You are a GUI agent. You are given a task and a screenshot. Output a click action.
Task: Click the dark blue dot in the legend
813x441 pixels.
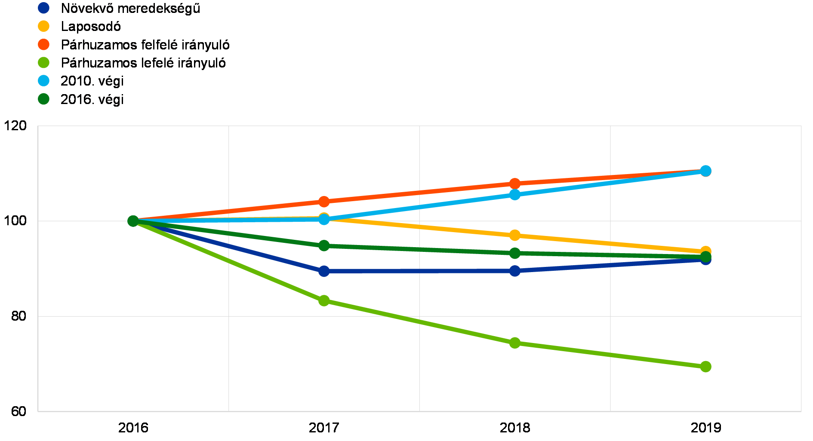coord(43,8)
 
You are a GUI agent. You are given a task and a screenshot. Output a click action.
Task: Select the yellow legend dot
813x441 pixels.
coord(43,26)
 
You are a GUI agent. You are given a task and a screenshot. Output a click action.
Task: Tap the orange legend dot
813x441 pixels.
coord(43,44)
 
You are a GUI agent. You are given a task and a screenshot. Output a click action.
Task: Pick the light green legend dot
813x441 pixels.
coord(43,63)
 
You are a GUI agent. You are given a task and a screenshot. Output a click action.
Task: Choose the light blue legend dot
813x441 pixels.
coord(43,81)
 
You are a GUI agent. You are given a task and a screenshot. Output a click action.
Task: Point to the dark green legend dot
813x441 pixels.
coord(43,99)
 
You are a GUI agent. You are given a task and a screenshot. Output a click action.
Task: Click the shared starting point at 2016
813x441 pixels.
coord(133,221)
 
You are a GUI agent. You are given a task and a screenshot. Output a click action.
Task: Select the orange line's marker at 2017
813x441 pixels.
coord(324,202)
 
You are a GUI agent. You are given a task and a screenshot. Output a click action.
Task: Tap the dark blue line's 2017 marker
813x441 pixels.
coord(324,271)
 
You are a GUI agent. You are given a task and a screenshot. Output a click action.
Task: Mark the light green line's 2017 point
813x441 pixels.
coord(324,300)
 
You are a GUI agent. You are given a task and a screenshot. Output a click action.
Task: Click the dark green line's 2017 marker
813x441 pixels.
coord(324,245)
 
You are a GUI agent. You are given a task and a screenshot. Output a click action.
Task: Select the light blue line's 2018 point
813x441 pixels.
coord(515,195)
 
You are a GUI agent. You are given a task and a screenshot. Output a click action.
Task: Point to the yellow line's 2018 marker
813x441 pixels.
coord(515,236)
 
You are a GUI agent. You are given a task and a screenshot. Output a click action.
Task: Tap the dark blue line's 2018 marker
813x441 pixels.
coord(515,271)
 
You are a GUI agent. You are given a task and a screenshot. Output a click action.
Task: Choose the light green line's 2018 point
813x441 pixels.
coord(515,343)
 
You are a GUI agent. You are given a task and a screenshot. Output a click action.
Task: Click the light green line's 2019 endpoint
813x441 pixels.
coord(706,367)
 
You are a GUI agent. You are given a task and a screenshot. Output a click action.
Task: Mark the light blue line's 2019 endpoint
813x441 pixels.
coord(706,171)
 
